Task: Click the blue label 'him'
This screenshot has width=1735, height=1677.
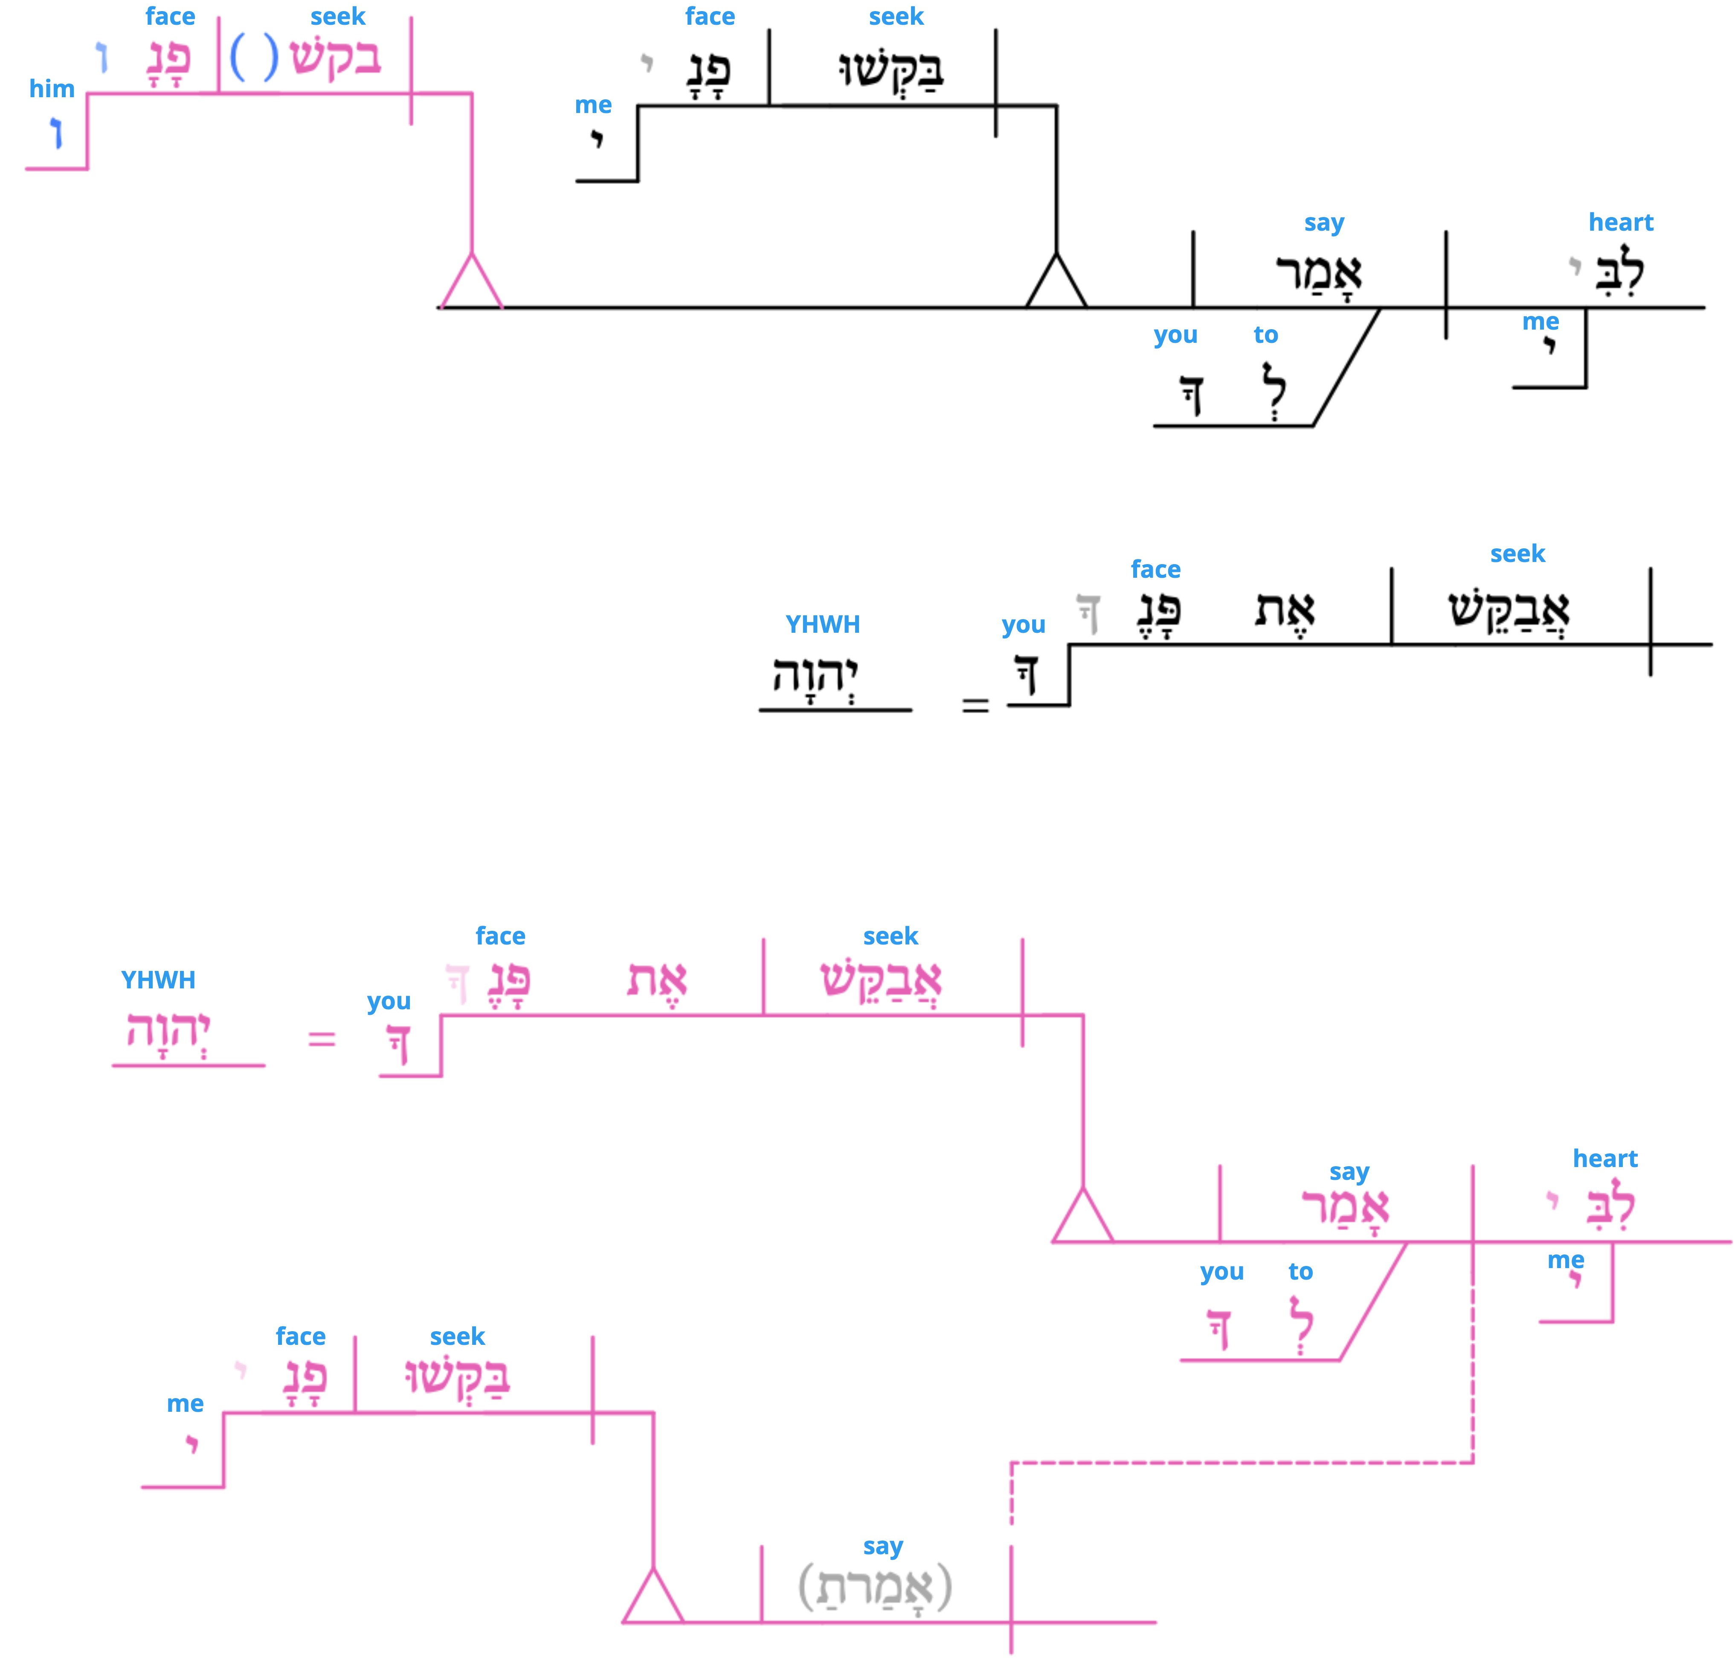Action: [x=51, y=89]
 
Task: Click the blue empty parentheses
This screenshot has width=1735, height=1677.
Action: [x=254, y=58]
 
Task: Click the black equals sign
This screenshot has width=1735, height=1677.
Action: [x=975, y=705]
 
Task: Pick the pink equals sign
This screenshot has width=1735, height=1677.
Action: [x=321, y=1038]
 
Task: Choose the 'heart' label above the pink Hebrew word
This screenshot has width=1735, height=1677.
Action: [x=1605, y=1159]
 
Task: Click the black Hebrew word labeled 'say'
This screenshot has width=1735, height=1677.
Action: [x=1318, y=273]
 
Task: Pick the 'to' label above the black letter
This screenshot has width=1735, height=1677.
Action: [x=1266, y=335]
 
